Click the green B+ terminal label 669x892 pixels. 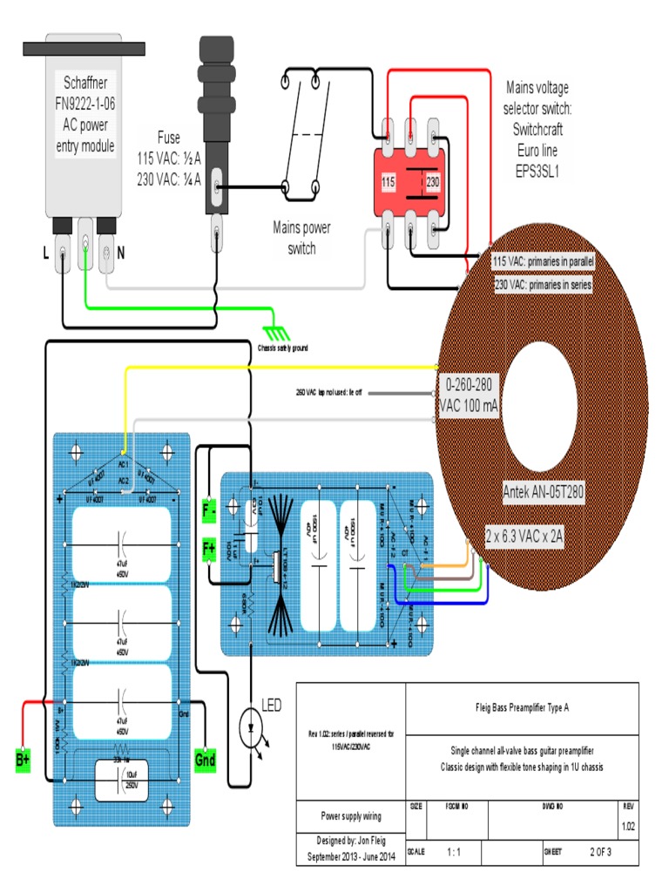[x=23, y=760]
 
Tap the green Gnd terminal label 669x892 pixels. [x=206, y=760]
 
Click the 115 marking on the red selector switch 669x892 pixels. [x=389, y=183]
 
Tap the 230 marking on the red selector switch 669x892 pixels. [x=431, y=183]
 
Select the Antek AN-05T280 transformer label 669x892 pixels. [x=544, y=491]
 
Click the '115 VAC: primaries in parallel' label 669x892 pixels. [x=544, y=261]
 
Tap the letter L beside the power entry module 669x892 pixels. [x=45, y=253]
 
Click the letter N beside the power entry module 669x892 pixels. [x=120, y=253]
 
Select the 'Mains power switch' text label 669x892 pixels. [x=302, y=238]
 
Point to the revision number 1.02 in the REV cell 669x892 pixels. [x=628, y=826]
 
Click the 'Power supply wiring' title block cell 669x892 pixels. [x=351, y=816]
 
